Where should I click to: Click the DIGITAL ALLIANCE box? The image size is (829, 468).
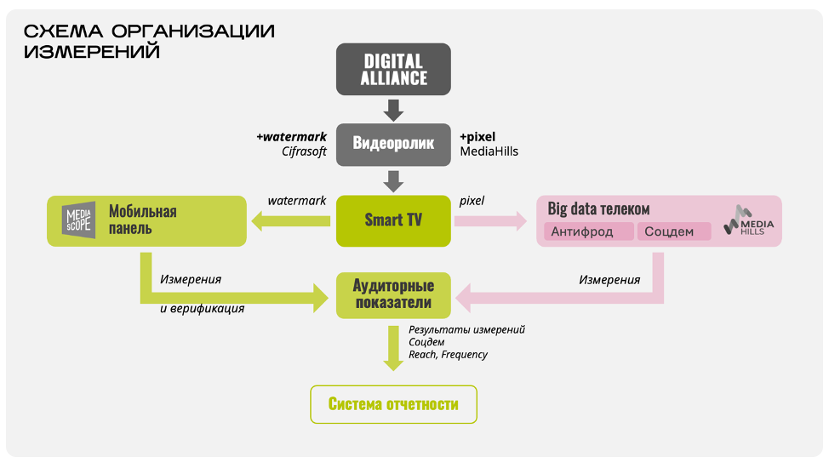click(x=393, y=70)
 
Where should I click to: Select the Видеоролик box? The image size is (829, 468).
click(x=393, y=143)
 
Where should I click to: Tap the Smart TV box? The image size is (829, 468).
click(x=393, y=220)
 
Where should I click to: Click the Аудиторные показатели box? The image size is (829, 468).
click(x=393, y=294)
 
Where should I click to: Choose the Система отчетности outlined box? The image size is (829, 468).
click(x=393, y=404)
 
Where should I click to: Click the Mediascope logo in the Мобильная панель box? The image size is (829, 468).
click(x=80, y=220)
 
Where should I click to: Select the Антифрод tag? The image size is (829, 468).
click(x=588, y=231)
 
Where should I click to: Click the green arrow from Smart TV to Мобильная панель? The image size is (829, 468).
click(x=289, y=222)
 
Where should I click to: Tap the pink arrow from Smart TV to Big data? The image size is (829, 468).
click(x=490, y=221)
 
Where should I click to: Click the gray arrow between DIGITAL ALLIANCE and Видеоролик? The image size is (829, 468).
click(x=393, y=110)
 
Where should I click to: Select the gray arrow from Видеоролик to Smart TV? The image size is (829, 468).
click(x=393, y=181)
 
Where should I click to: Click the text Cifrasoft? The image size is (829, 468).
click(x=304, y=151)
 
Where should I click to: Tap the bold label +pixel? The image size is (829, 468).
click(x=477, y=136)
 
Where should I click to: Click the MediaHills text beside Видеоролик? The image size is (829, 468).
click(x=489, y=151)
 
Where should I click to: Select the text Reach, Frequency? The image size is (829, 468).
click(x=448, y=354)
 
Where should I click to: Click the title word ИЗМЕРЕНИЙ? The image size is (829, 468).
click(x=92, y=52)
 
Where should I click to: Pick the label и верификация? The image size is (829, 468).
click(x=203, y=309)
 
